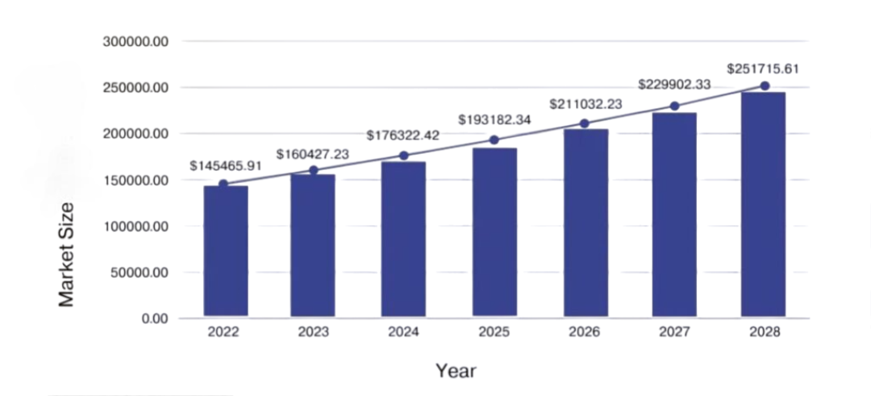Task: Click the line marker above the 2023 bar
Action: tap(314, 170)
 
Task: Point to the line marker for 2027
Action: tap(674, 106)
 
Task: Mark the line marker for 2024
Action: tap(404, 155)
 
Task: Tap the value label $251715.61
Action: tap(763, 69)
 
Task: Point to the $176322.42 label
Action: tap(403, 135)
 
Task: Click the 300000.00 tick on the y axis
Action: tap(135, 41)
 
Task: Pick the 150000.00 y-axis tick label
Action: tap(135, 180)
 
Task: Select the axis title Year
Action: tap(456, 371)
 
